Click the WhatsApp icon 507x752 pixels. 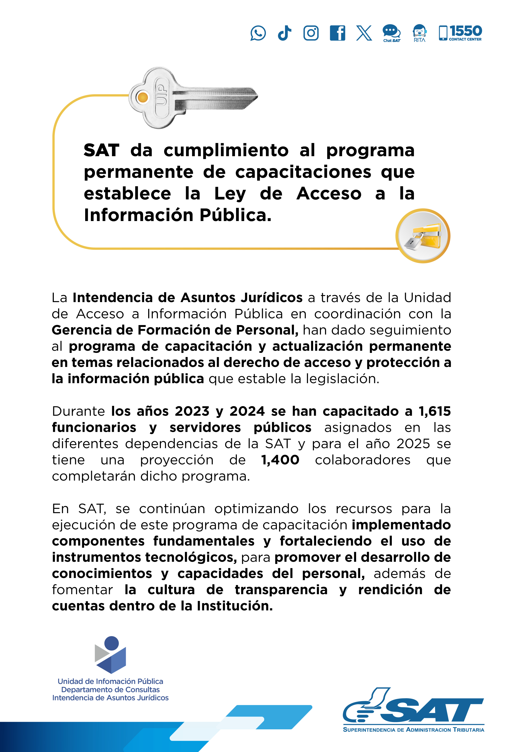tap(258, 33)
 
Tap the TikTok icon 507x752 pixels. tap(284, 33)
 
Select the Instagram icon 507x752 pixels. tap(311, 33)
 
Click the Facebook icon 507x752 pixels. tap(337, 33)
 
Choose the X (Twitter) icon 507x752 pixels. tap(364, 33)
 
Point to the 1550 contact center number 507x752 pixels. tap(465, 31)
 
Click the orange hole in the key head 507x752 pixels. tap(143, 97)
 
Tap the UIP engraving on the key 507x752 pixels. tap(161, 95)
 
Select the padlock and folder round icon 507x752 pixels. tap(423, 236)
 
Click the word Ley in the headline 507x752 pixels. tap(230, 194)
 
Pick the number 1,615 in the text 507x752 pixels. tap(435, 411)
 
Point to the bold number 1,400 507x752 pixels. tap(280, 460)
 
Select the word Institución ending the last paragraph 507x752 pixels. tap(235, 606)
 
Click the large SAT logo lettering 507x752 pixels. tap(433, 711)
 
